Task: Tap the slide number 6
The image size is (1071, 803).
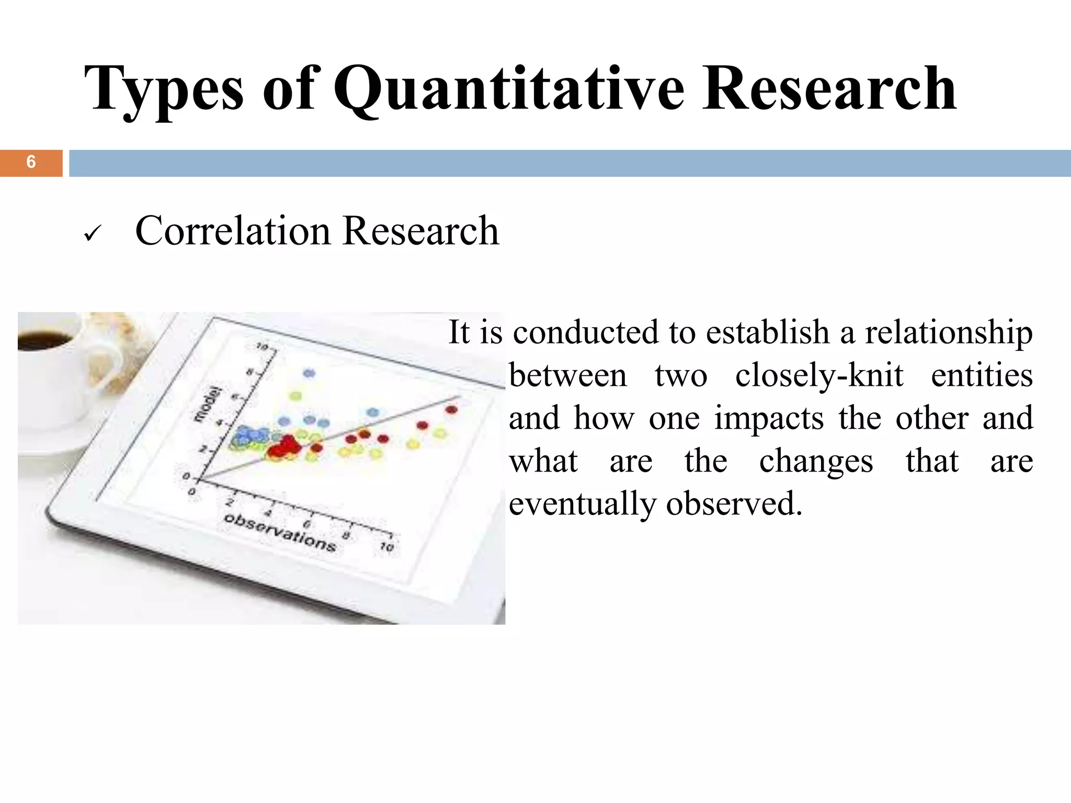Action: pyautogui.click(x=31, y=163)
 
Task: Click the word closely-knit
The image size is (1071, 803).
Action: pyautogui.click(x=819, y=376)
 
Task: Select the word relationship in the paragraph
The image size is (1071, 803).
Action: pyautogui.click(x=949, y=333)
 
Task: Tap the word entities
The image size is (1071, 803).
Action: pyautogui.click(x=982, y=376)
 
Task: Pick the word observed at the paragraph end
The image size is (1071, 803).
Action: pyautogui.click(x=734, y=504)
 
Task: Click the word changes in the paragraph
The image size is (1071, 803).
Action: pyautogui.click(x=816, y=462)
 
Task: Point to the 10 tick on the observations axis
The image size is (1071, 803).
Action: pyautogui.click(x=386, y=547)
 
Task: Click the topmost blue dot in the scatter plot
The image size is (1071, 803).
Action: pyautogui.click(x=309, y=373)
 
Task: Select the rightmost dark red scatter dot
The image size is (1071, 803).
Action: pyautogui.click(x=452, y=410)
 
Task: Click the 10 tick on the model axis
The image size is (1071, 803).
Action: pyautogui.click(x=262, y=347)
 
